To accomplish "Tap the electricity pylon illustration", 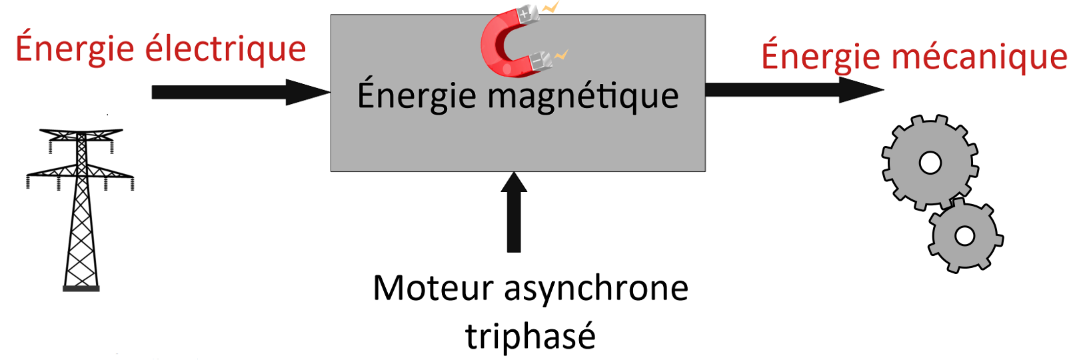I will (81, 207).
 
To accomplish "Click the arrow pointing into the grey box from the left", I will (240, 92).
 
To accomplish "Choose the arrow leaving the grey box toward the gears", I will (793, 90).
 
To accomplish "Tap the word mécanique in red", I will (979, 57).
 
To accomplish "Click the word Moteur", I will (433, 289).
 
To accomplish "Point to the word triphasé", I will (530, 335).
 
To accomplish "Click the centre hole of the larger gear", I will (930, 163).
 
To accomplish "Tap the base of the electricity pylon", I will (81, 289).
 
